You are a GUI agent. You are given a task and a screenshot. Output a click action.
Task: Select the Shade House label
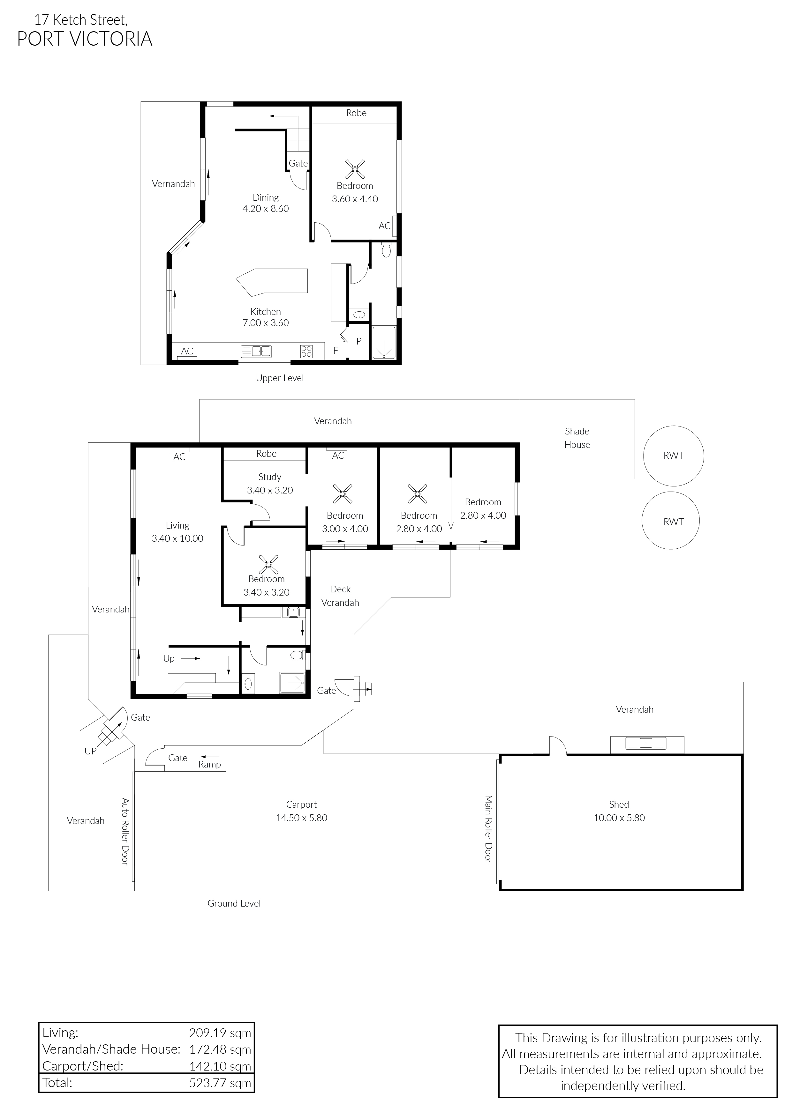577,438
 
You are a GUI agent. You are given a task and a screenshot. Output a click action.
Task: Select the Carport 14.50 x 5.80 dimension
301,818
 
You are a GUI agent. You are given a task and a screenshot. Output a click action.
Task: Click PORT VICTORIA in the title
85,39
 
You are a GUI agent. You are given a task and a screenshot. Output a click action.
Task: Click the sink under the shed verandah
646,743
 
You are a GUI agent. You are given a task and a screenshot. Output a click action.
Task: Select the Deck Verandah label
340,596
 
